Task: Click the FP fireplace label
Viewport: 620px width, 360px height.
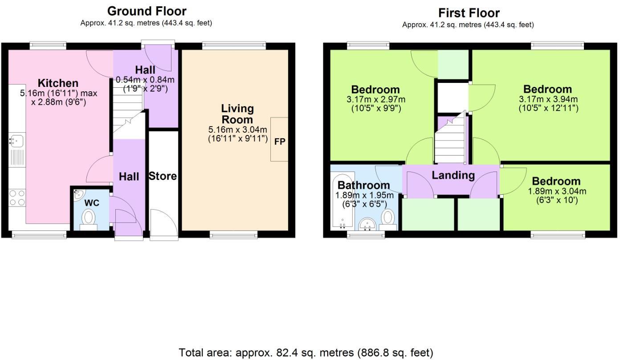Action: (x=279, y=142)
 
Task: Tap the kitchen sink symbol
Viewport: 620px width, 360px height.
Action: (x=16, y=141)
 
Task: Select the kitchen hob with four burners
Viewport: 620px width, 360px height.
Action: (x=17, y=198)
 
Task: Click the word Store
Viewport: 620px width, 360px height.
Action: (x=162, y=176)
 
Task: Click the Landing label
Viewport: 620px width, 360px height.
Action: (x=453, y=175)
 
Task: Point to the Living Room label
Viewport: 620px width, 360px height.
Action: (x=237, y=114)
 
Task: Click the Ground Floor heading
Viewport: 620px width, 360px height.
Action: (x=147, y=11)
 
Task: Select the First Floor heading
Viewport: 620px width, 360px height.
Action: (x=469, y=12)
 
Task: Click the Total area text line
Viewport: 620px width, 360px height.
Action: (x=306, y=353)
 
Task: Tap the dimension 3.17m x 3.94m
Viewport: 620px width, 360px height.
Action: (x=548, y=99)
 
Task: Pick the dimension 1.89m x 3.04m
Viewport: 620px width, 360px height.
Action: (x=557, y=192)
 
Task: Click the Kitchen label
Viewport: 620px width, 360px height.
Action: (x=58, y=83)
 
